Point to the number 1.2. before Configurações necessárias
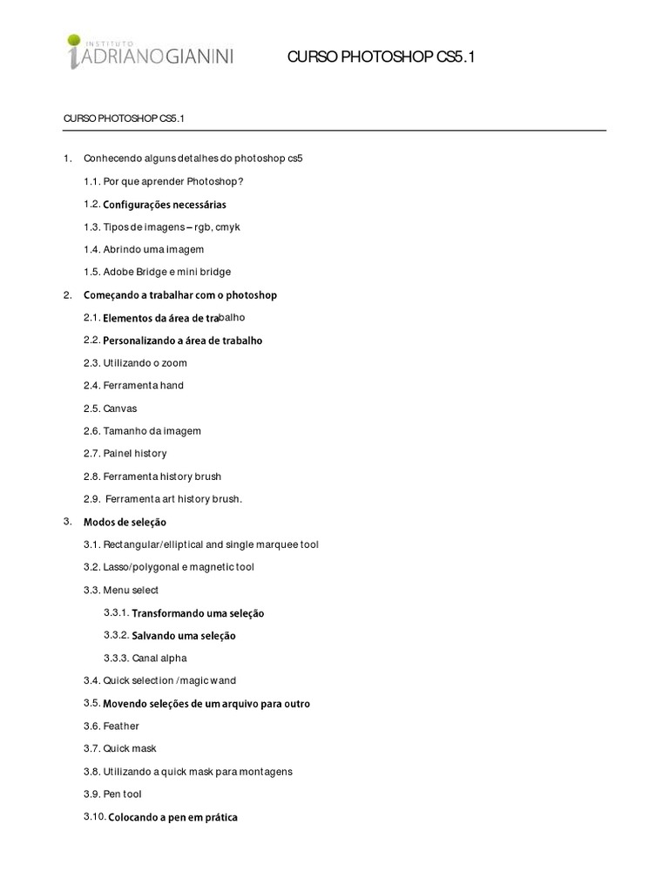click(91, 204)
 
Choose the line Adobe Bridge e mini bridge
click(166, 272)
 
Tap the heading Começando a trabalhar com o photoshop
click(179, 295)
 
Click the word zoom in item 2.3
click(175, 363)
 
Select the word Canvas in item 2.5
click(120, 409)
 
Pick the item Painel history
click(135, 454)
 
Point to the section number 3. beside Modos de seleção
click(67, 521)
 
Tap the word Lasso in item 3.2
click(117, 567)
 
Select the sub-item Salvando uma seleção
click(183, 636)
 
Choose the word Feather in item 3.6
click(121, 726)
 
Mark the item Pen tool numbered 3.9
click(122, 794)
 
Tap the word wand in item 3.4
click(222, 680)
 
